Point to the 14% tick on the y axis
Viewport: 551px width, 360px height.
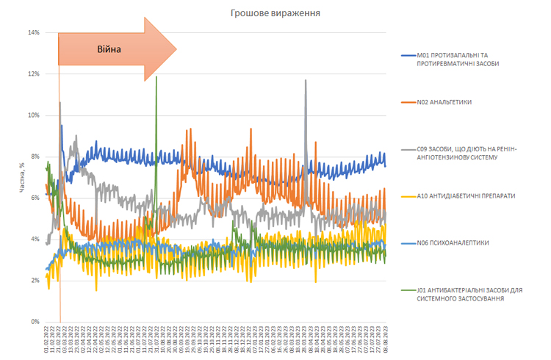33,32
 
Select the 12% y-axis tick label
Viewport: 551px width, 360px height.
33,74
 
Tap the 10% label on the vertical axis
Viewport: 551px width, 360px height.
33,115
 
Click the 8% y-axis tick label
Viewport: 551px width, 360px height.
35,156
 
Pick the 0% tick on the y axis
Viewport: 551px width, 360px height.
35,322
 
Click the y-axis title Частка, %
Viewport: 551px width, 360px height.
24,176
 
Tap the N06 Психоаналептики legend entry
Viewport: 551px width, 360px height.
453,242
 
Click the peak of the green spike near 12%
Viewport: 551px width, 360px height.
156,76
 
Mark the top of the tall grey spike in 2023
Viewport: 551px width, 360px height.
306,81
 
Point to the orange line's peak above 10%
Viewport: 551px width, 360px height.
60,103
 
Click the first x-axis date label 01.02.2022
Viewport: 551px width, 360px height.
46,339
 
